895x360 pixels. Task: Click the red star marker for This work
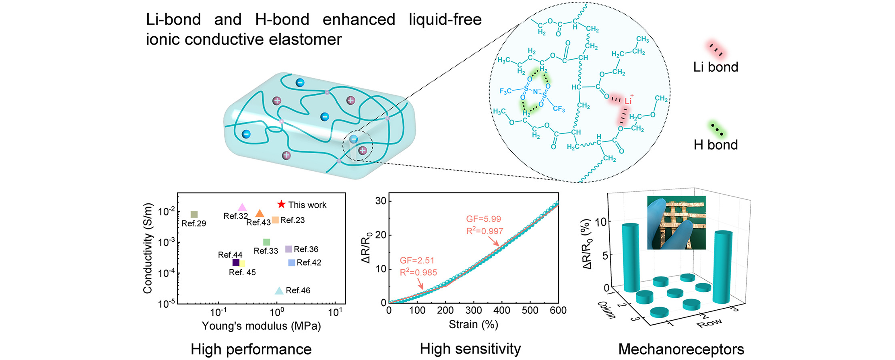281,204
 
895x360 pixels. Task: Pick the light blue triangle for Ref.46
279,291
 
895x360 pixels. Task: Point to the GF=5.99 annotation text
483,219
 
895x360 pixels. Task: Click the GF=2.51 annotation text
417,260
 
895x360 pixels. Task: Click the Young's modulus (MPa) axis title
261,326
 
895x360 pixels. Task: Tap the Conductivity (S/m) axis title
148,248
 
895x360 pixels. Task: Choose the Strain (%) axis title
473,325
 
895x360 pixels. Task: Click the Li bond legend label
715,67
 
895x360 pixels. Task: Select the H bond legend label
715,144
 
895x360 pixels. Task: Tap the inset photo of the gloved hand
676,222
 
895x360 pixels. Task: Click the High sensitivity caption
470,348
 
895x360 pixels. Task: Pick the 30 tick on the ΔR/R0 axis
381,201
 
